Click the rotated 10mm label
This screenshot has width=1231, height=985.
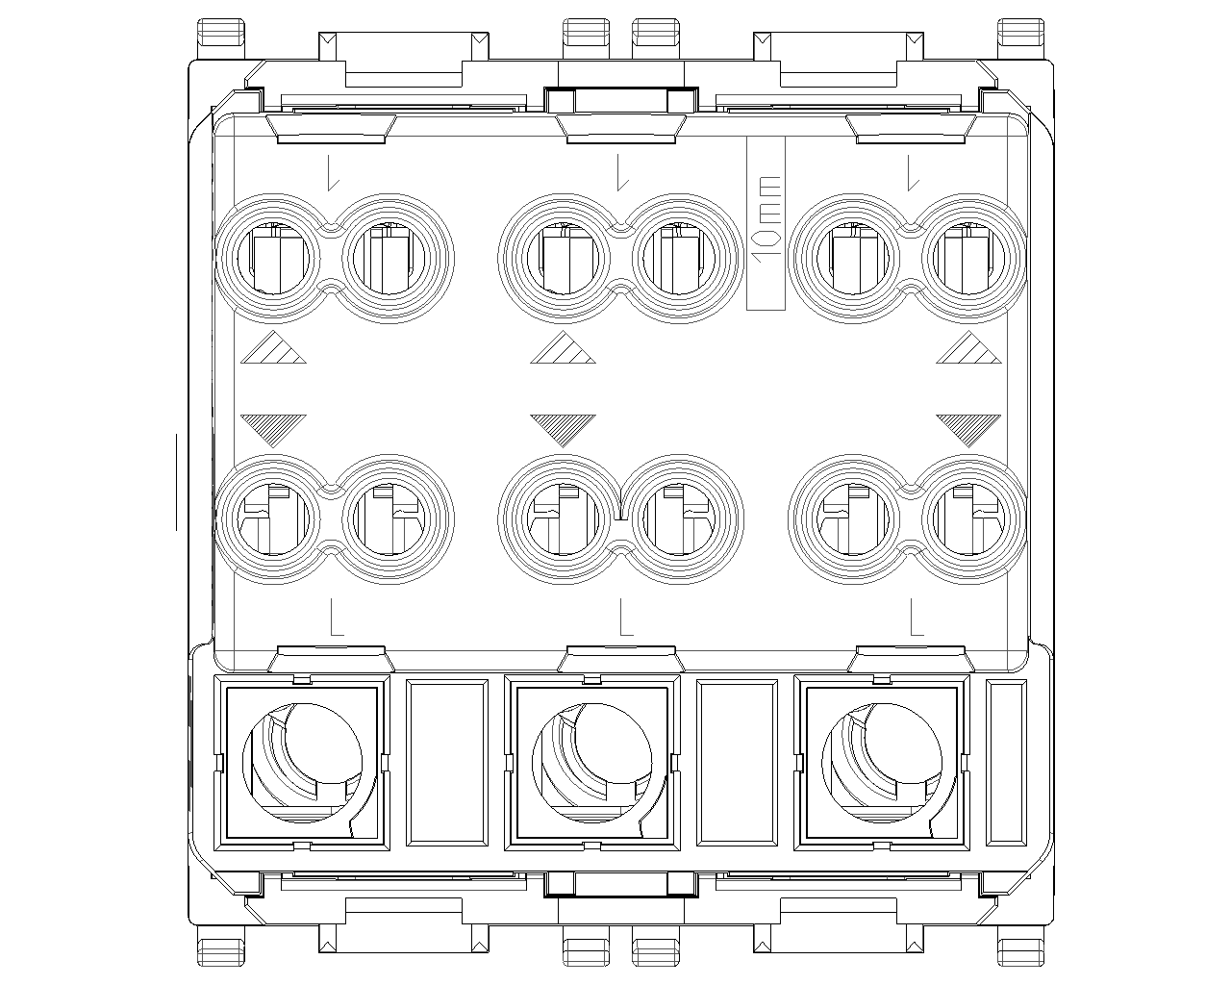766,218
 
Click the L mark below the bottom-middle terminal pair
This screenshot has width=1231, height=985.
626,617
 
